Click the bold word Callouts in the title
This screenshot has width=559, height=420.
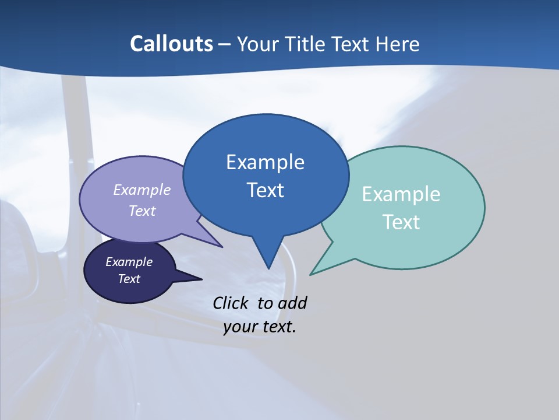[171, 44]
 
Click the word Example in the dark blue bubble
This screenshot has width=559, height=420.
[265, 162]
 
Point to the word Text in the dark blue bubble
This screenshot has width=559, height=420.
[266, 190]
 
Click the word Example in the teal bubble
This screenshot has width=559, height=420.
[401, 194]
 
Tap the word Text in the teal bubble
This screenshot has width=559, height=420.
[402, 222]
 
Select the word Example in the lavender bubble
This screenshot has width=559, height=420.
[142, 190]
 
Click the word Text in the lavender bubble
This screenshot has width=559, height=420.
[142, 211]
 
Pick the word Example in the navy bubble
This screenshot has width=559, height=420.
[129, 262]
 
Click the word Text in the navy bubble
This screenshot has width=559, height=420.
[129, 279]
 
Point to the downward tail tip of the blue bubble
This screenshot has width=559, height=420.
[268, 268]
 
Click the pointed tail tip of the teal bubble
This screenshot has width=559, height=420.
[310, 274]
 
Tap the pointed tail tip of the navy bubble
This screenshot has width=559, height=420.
[201, 279]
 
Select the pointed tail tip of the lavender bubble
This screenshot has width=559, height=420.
[222, 247]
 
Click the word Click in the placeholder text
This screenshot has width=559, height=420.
[231, 303]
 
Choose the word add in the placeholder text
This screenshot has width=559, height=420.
[292, 303]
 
